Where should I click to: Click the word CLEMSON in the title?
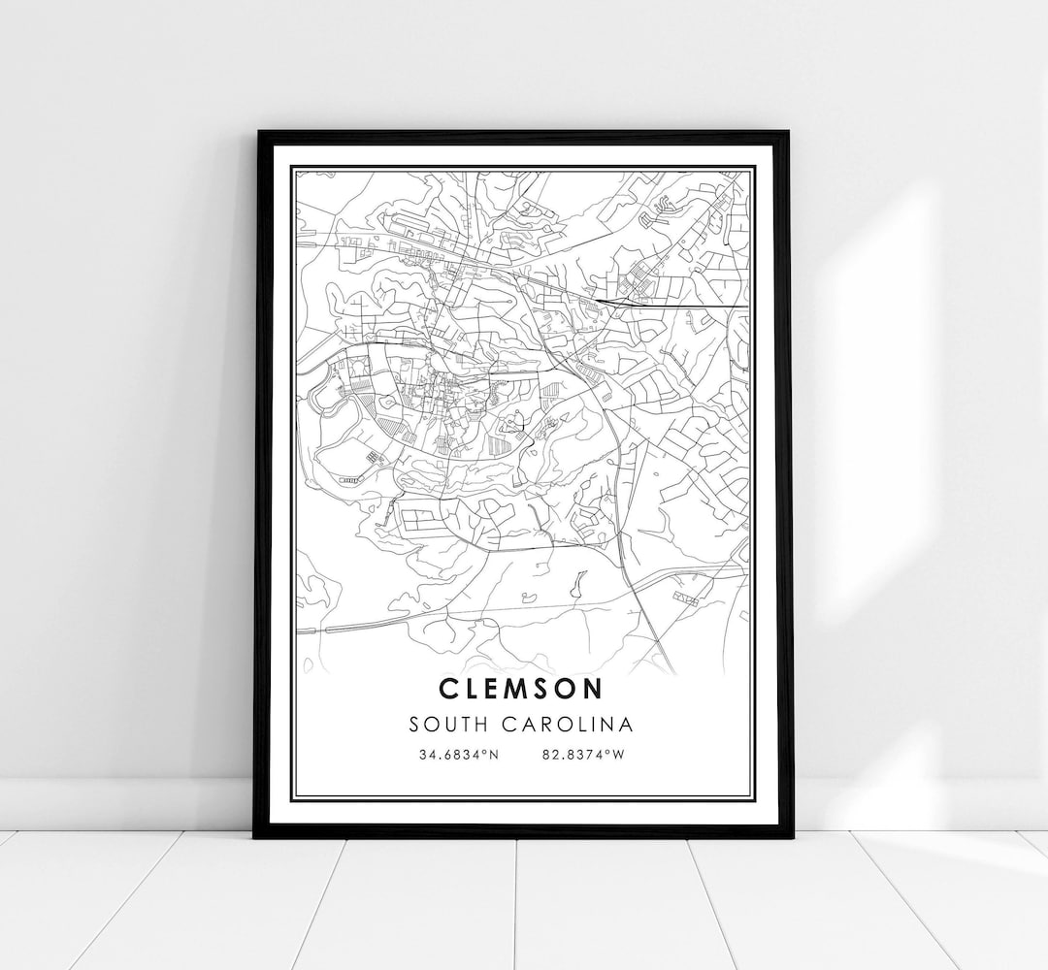pos(520,689)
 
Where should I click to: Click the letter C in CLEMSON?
pos(448,689)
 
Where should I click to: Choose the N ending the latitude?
pos(494,754)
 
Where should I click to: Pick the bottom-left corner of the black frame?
pos(255,835)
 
